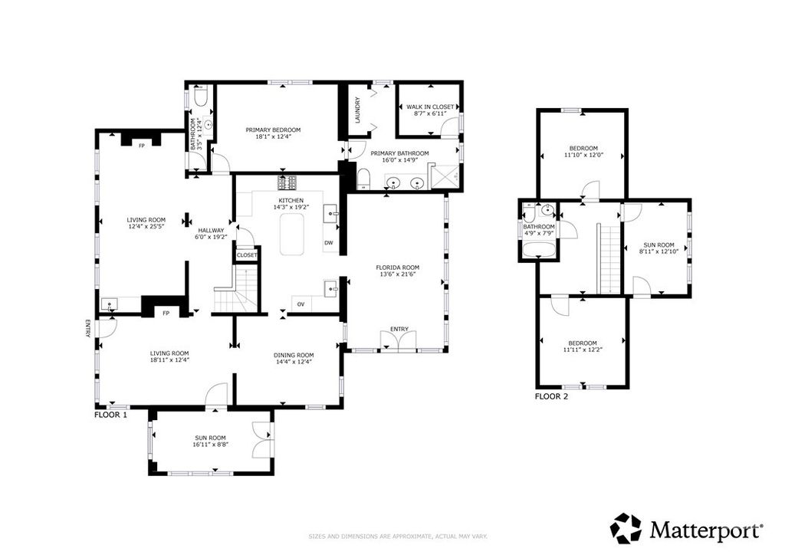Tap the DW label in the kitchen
(x=328, y=243)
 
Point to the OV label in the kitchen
(x=302, y=304)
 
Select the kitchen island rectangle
(x=291, y=235)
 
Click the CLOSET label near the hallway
(x=247, y=255)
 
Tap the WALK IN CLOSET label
(x=430, y=107)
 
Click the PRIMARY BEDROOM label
(x=273, y=130)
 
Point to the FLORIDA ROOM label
(x=397, y=268)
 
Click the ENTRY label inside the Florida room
(x=399, y=329)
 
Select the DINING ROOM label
(x=294, y=355)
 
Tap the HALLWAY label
(x=211, y=230)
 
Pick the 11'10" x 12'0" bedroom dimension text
(x=583, y=156)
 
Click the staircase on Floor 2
(x=608, y=258)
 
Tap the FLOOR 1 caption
(x=110, y=414)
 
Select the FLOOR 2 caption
(x=550, y=396)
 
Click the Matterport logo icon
(x=626, y=528)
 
